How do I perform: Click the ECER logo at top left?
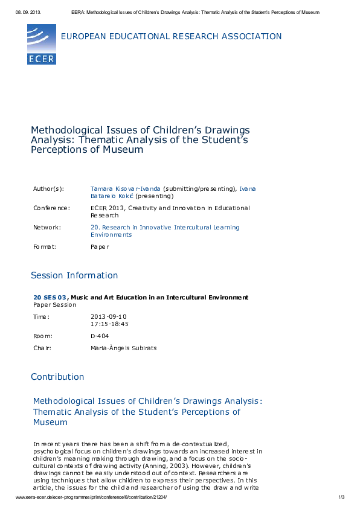tap(41, 44)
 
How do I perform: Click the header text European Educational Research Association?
tap(171, 37)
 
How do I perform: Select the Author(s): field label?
tap(48, 189)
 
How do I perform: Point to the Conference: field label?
tap(51, 208)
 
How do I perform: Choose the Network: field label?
tap(47, 228)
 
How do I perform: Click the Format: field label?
tap(45, 247)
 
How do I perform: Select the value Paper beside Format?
tap(100, 247)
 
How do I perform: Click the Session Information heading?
tap(74, 276)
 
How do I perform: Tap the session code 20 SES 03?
tap(50, 298)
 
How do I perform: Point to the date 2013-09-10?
tap(109, 317)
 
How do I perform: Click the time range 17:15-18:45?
tap(109, 324)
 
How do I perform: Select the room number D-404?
tap(100, 336)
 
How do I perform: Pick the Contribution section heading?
tap(57, 377)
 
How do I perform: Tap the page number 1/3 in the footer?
tap(341, 497)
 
